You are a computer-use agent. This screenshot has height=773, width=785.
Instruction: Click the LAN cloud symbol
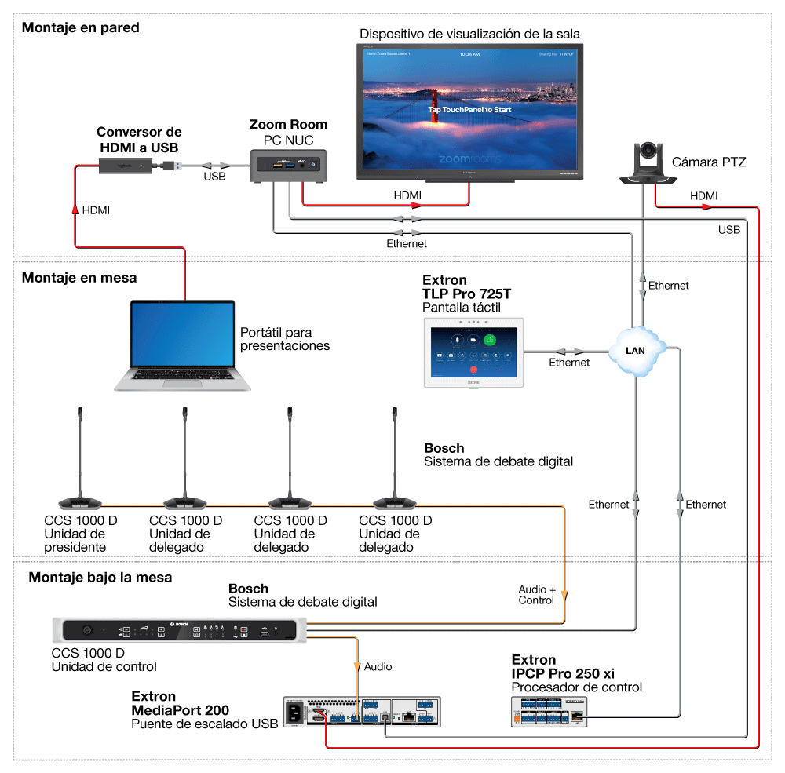click(x=635, y=350)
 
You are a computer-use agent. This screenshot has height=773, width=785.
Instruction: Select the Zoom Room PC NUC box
click(x=288, y=166)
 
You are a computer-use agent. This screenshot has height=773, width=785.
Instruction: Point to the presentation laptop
click(x=183, y=345)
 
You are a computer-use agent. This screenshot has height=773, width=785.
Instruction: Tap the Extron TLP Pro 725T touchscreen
click(x=473, y=352)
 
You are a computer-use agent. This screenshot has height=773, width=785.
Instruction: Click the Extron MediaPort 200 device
click(x=361, y=713)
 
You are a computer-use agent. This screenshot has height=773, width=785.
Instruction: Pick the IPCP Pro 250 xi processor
click(x=548, y=711)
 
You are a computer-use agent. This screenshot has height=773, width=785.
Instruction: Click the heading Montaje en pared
click(x=80, y=27)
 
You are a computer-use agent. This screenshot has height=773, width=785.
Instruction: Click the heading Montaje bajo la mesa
click(x=100, y=578)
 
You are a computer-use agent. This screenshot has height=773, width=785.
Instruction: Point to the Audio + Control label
click(x=537, y=595)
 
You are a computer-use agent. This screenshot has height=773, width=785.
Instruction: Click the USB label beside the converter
click(x=214, y=177)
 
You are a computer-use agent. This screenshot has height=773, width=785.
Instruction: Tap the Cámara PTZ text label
click(x=709, y=162)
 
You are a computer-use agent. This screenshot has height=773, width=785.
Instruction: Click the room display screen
click(x=469, y=109)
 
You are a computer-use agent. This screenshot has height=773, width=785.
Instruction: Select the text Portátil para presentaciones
click(x=284, y=338)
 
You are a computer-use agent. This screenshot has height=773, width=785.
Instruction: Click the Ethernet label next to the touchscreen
click(x=569, y=363)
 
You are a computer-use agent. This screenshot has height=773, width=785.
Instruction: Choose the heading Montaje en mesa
click(x=79, y=278)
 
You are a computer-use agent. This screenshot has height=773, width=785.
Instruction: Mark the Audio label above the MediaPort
click(x=378, y=666)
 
